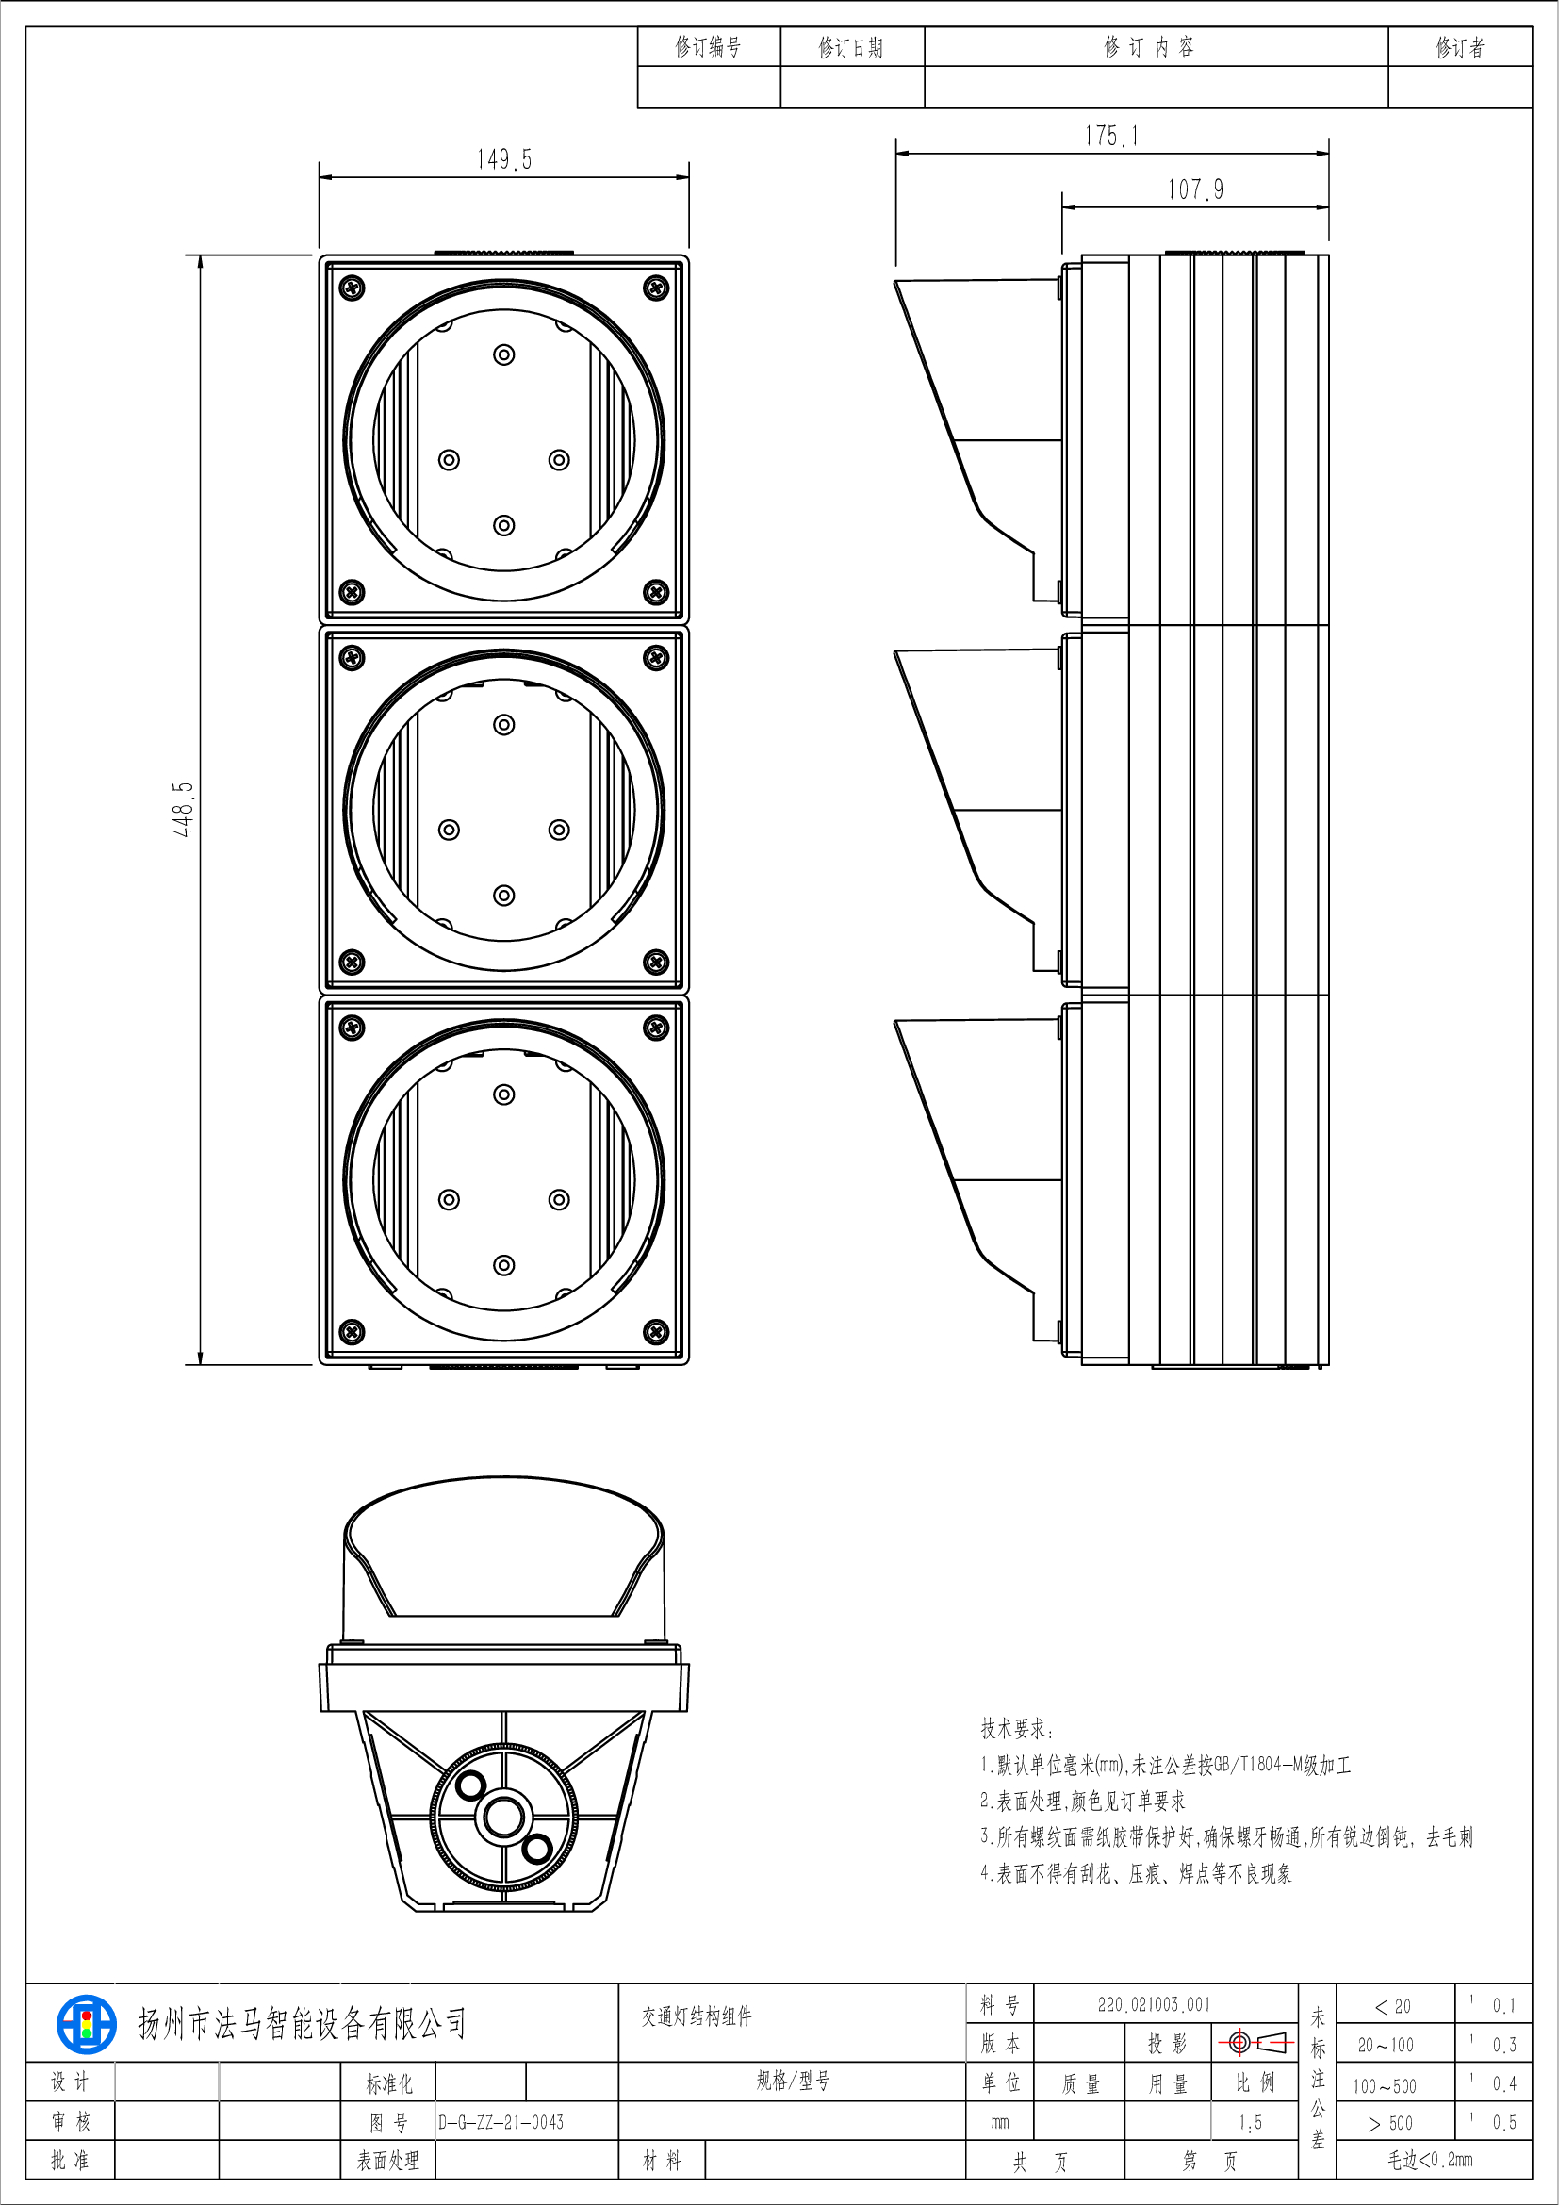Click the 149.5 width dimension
pyautogui.click(x=504, y=159)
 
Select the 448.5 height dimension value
pyautogui.click(x=183, y=809)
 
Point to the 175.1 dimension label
pyautogui.click(x=1111, y=137)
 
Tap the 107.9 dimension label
pyautogui.click(x=1195, y=189)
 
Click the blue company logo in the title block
pyautogui.click(x=86, y=2023)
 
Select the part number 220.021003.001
pyautogui.click(x=1154, y=2004)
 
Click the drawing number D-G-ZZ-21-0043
pyautogui.click(x=501, y=2122)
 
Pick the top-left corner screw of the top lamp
pyautogui.click(x=353, y=288)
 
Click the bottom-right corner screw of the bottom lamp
pyautogui.click(x=656, y=1331)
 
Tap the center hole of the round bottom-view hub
pyautogui.click(x=503, y=1817)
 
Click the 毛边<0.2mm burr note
pyautogui.click(x=1430, y=2160)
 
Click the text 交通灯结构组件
pyautogui.click(x=697, y=2016)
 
